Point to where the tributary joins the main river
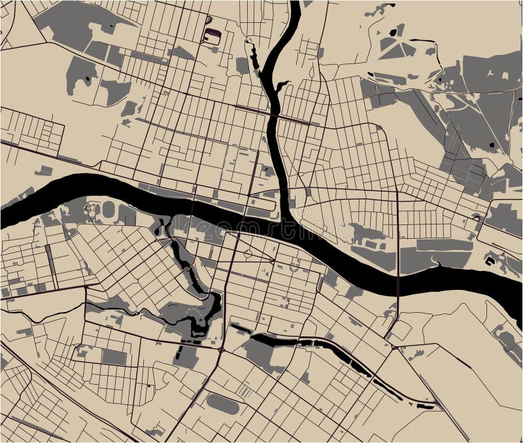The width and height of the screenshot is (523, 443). coord(288,226)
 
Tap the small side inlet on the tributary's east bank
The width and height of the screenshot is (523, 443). coord(281,85)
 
